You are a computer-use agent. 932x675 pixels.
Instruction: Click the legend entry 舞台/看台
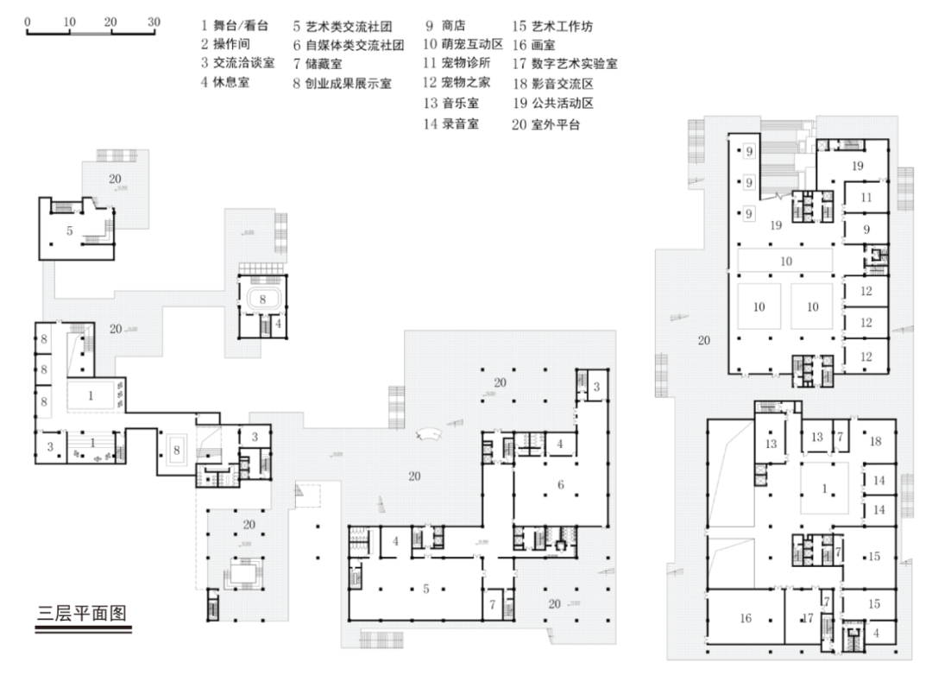click(x=233, y=26)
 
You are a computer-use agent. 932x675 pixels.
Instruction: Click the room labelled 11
click(x=866, y=198)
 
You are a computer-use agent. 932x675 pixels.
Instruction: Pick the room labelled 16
click(x=746, y=618)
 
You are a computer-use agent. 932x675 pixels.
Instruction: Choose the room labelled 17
click(x=809, y=618)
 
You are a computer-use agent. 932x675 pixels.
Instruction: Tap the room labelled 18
click(x=875, y=441)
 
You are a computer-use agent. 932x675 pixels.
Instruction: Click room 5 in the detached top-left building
click(x=71, y=231)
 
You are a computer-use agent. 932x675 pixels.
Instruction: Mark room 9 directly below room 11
click(x=866, y=230)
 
